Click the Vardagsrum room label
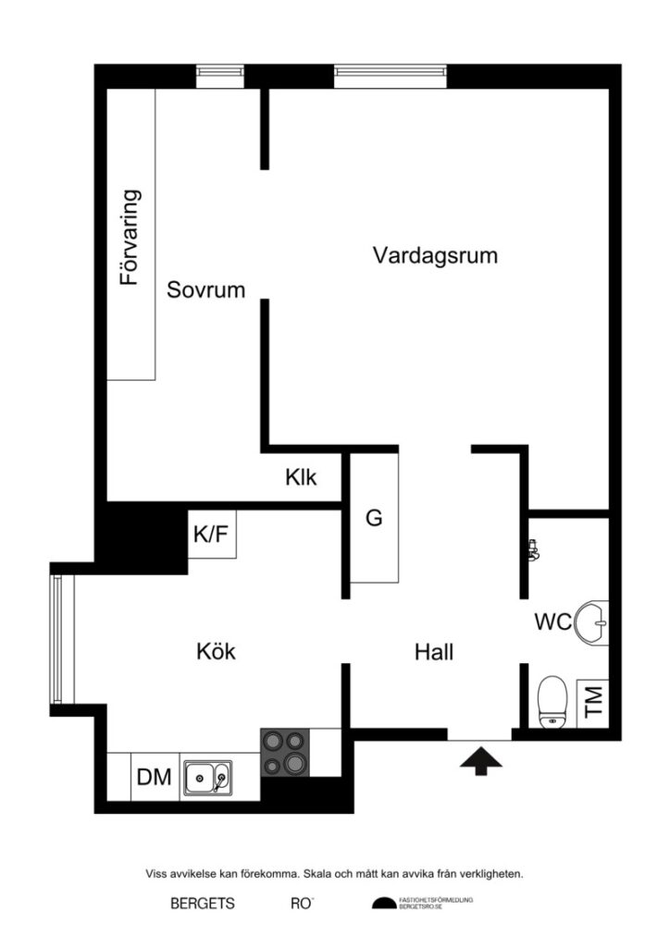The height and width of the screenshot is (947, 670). [435, 255]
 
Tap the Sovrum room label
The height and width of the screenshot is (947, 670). [205, 289]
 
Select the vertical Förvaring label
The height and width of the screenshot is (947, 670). [130, 237]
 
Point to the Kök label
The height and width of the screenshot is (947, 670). [216, 651]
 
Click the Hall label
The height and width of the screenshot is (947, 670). [434, 652]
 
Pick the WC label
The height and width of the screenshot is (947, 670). [552, 621]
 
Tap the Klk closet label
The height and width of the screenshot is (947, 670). [301, 478]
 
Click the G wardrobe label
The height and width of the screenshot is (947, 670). [374, 518]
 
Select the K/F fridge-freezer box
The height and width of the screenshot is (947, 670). [211, 534]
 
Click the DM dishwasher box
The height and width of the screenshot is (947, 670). [155, 777]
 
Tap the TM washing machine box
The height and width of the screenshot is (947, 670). [592, 701]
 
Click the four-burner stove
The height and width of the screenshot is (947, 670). [285, 751]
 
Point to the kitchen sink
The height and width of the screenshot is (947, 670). [208, 778]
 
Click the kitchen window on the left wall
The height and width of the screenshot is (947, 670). [58, 639]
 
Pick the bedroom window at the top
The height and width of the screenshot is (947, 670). [220, 76]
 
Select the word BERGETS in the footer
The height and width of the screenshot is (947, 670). [203, 904]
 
